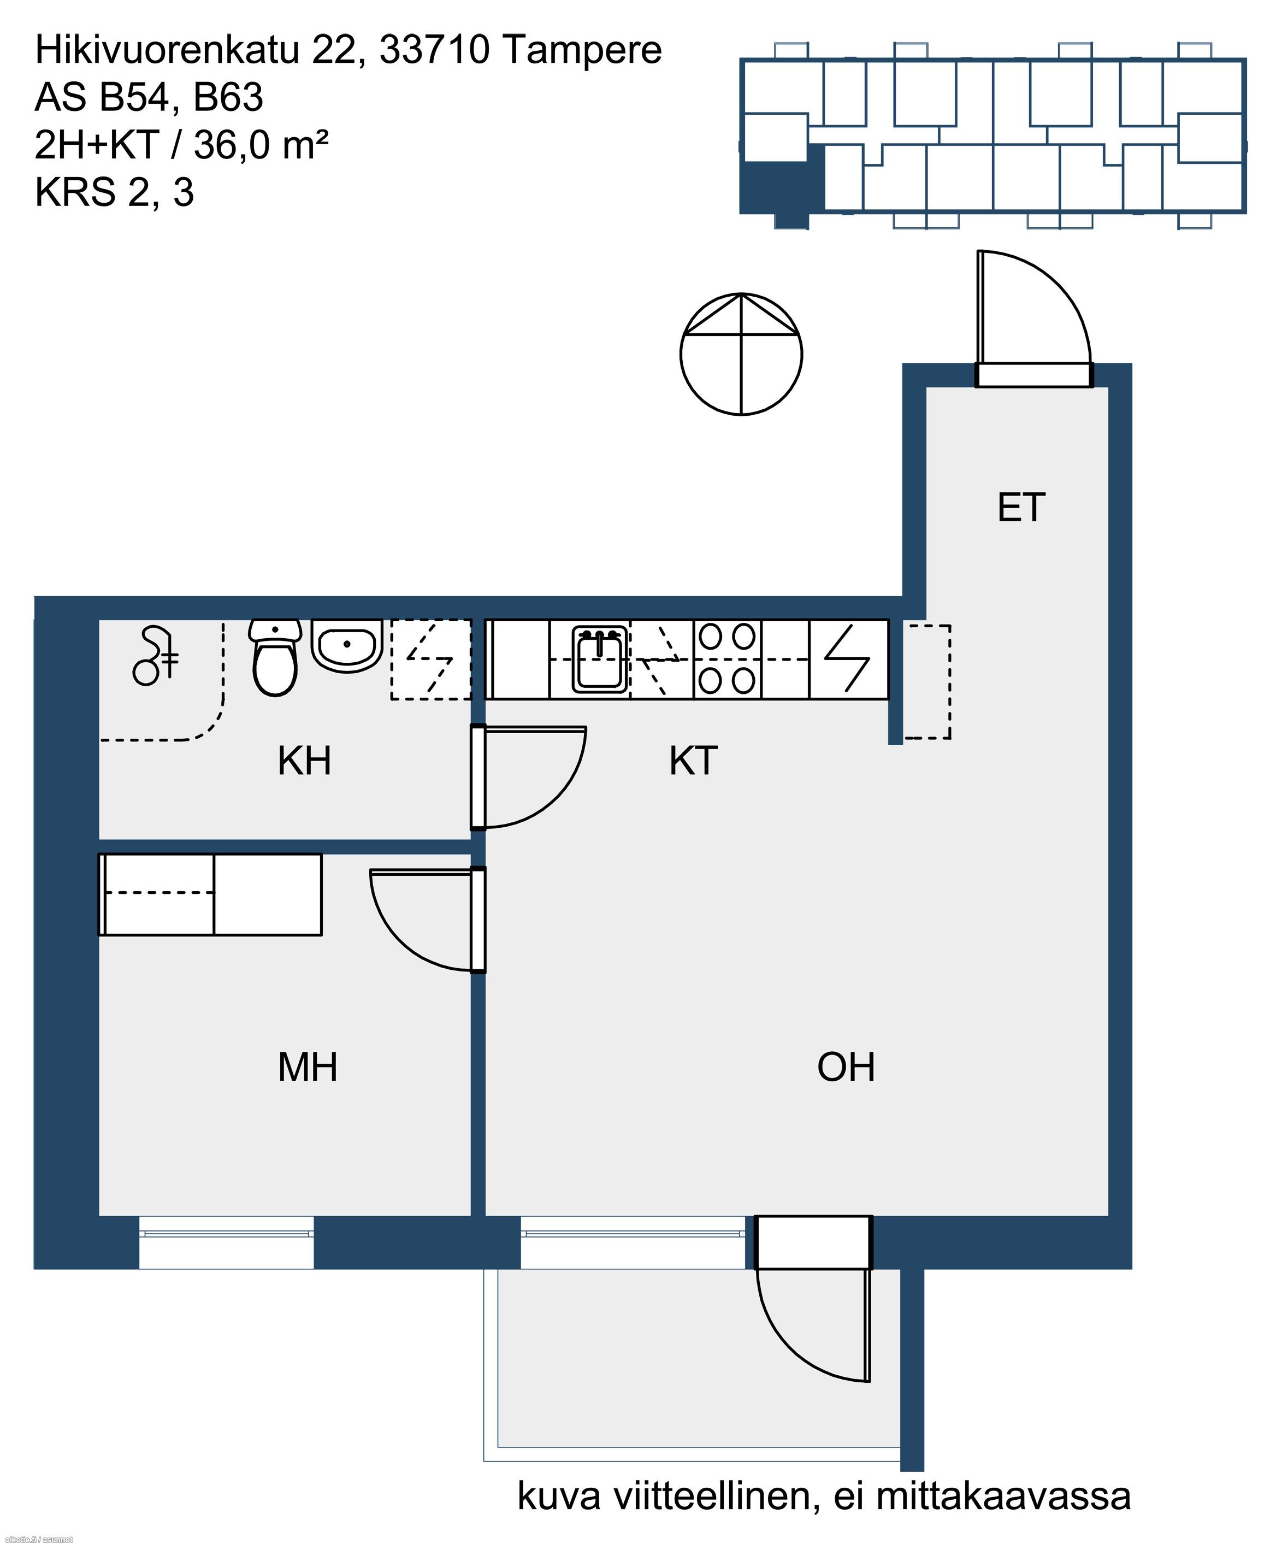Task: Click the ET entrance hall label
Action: pyautogui.click(x=1020, y=508)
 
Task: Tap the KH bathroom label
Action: pyautogui.click(x=304, y=761)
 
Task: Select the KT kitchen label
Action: pyautogui.click(x=693, y=761)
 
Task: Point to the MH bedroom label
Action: pyautogui.click(x=308, y=1067)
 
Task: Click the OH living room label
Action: pyautogui.click(x=846, y=1067)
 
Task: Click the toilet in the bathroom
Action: pyautogui.click(x=275, y=657)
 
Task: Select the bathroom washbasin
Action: pyautogui.click(x=346, y=645)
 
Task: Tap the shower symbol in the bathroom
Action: pyautogui.click(x=155, y=655)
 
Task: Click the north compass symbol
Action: pyautogui.click(x=741, y=354)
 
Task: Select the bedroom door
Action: pyautogui.click(x=428, y=920)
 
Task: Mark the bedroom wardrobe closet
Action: pyautogui.click(x=210, y=894)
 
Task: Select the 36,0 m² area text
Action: pyautogui.click(x=261, y=145)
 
